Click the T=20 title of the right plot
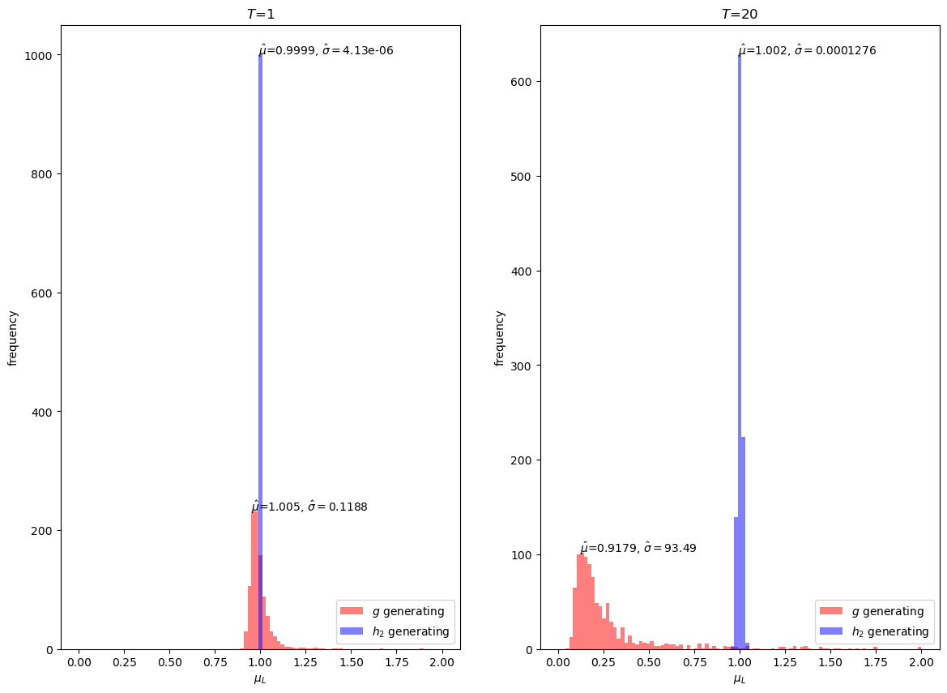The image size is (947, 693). pyautogui.click(x=739, y=14)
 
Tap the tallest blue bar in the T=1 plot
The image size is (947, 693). pyautogui.click(x=260, y=324)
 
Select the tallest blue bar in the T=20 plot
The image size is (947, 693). pyautogui.click(x=740, y=324)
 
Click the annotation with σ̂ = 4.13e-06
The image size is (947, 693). pyautogui.click(x=326, y=50)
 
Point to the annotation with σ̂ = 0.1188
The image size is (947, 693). pyautogui.click(x=309, y=507)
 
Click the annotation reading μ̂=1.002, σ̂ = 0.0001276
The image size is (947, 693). pyautogui.click(x=807, y=50)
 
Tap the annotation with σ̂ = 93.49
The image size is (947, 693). pyautogui.click(x=638, y=548)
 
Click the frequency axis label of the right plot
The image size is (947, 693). pyautogui.click(x=501, y=337)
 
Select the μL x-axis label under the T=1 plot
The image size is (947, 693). pyautogui.click(x=260, y=679)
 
